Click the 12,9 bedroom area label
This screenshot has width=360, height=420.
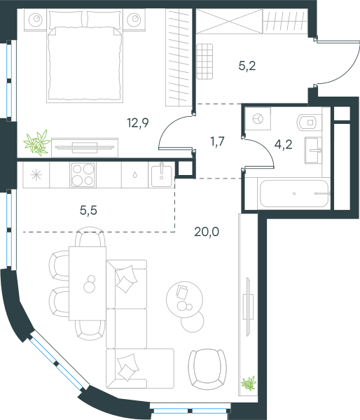point(138,123)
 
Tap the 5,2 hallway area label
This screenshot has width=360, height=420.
point(247,66)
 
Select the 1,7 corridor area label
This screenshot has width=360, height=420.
point(217,141)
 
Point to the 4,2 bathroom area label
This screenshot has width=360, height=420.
point(283,145)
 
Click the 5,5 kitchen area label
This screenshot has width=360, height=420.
point(88,211)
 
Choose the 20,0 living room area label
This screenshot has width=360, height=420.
point(207,232)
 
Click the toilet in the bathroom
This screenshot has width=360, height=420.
point(310,122)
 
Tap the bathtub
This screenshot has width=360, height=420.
point(294,193)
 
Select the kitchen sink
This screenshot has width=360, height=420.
point(161,174)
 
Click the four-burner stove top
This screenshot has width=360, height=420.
point(83,174)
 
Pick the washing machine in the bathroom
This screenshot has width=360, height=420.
point(258,119)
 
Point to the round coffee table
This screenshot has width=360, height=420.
point(184,300)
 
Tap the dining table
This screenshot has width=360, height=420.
point(88,283)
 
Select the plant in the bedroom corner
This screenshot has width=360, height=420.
point(37,143)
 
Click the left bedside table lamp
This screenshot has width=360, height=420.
point(36,20)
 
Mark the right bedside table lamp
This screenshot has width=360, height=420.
point(134,20)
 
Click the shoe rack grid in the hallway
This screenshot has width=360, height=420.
point(205,62)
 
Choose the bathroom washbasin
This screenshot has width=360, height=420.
point(313,150)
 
